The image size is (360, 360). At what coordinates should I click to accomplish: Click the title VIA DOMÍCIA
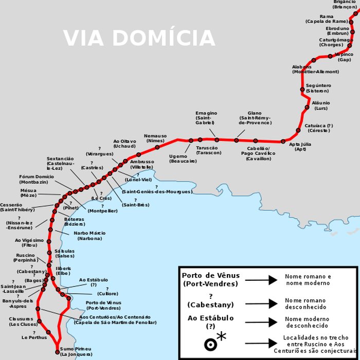click(x=139, y=39)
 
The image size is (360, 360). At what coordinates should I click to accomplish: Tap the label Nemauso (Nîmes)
click(x=155, y=138)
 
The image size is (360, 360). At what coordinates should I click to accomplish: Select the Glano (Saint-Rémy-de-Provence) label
click(x=255, y=118)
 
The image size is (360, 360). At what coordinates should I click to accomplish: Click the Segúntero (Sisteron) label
click(x=318, y=88)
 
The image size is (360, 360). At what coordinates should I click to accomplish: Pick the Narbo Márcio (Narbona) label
click(x=90, y=236)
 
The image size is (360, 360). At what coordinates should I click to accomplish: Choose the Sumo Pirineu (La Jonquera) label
click(x=76, y=352)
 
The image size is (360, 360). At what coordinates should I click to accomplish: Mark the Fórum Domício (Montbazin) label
click(x=37, y=179)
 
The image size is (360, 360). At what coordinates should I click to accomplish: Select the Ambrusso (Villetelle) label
click(x=141, y=164)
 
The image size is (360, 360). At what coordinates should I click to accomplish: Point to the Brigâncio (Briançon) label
click(x=344, y=5)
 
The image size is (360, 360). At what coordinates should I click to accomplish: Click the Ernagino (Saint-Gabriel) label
click(x=206, y=118)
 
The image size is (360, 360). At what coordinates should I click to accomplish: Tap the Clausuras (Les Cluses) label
click(x=23, y=321)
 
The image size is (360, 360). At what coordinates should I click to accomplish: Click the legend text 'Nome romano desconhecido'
click(x=305, y=303)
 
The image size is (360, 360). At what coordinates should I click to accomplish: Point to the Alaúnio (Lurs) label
click(x=321, y=105)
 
